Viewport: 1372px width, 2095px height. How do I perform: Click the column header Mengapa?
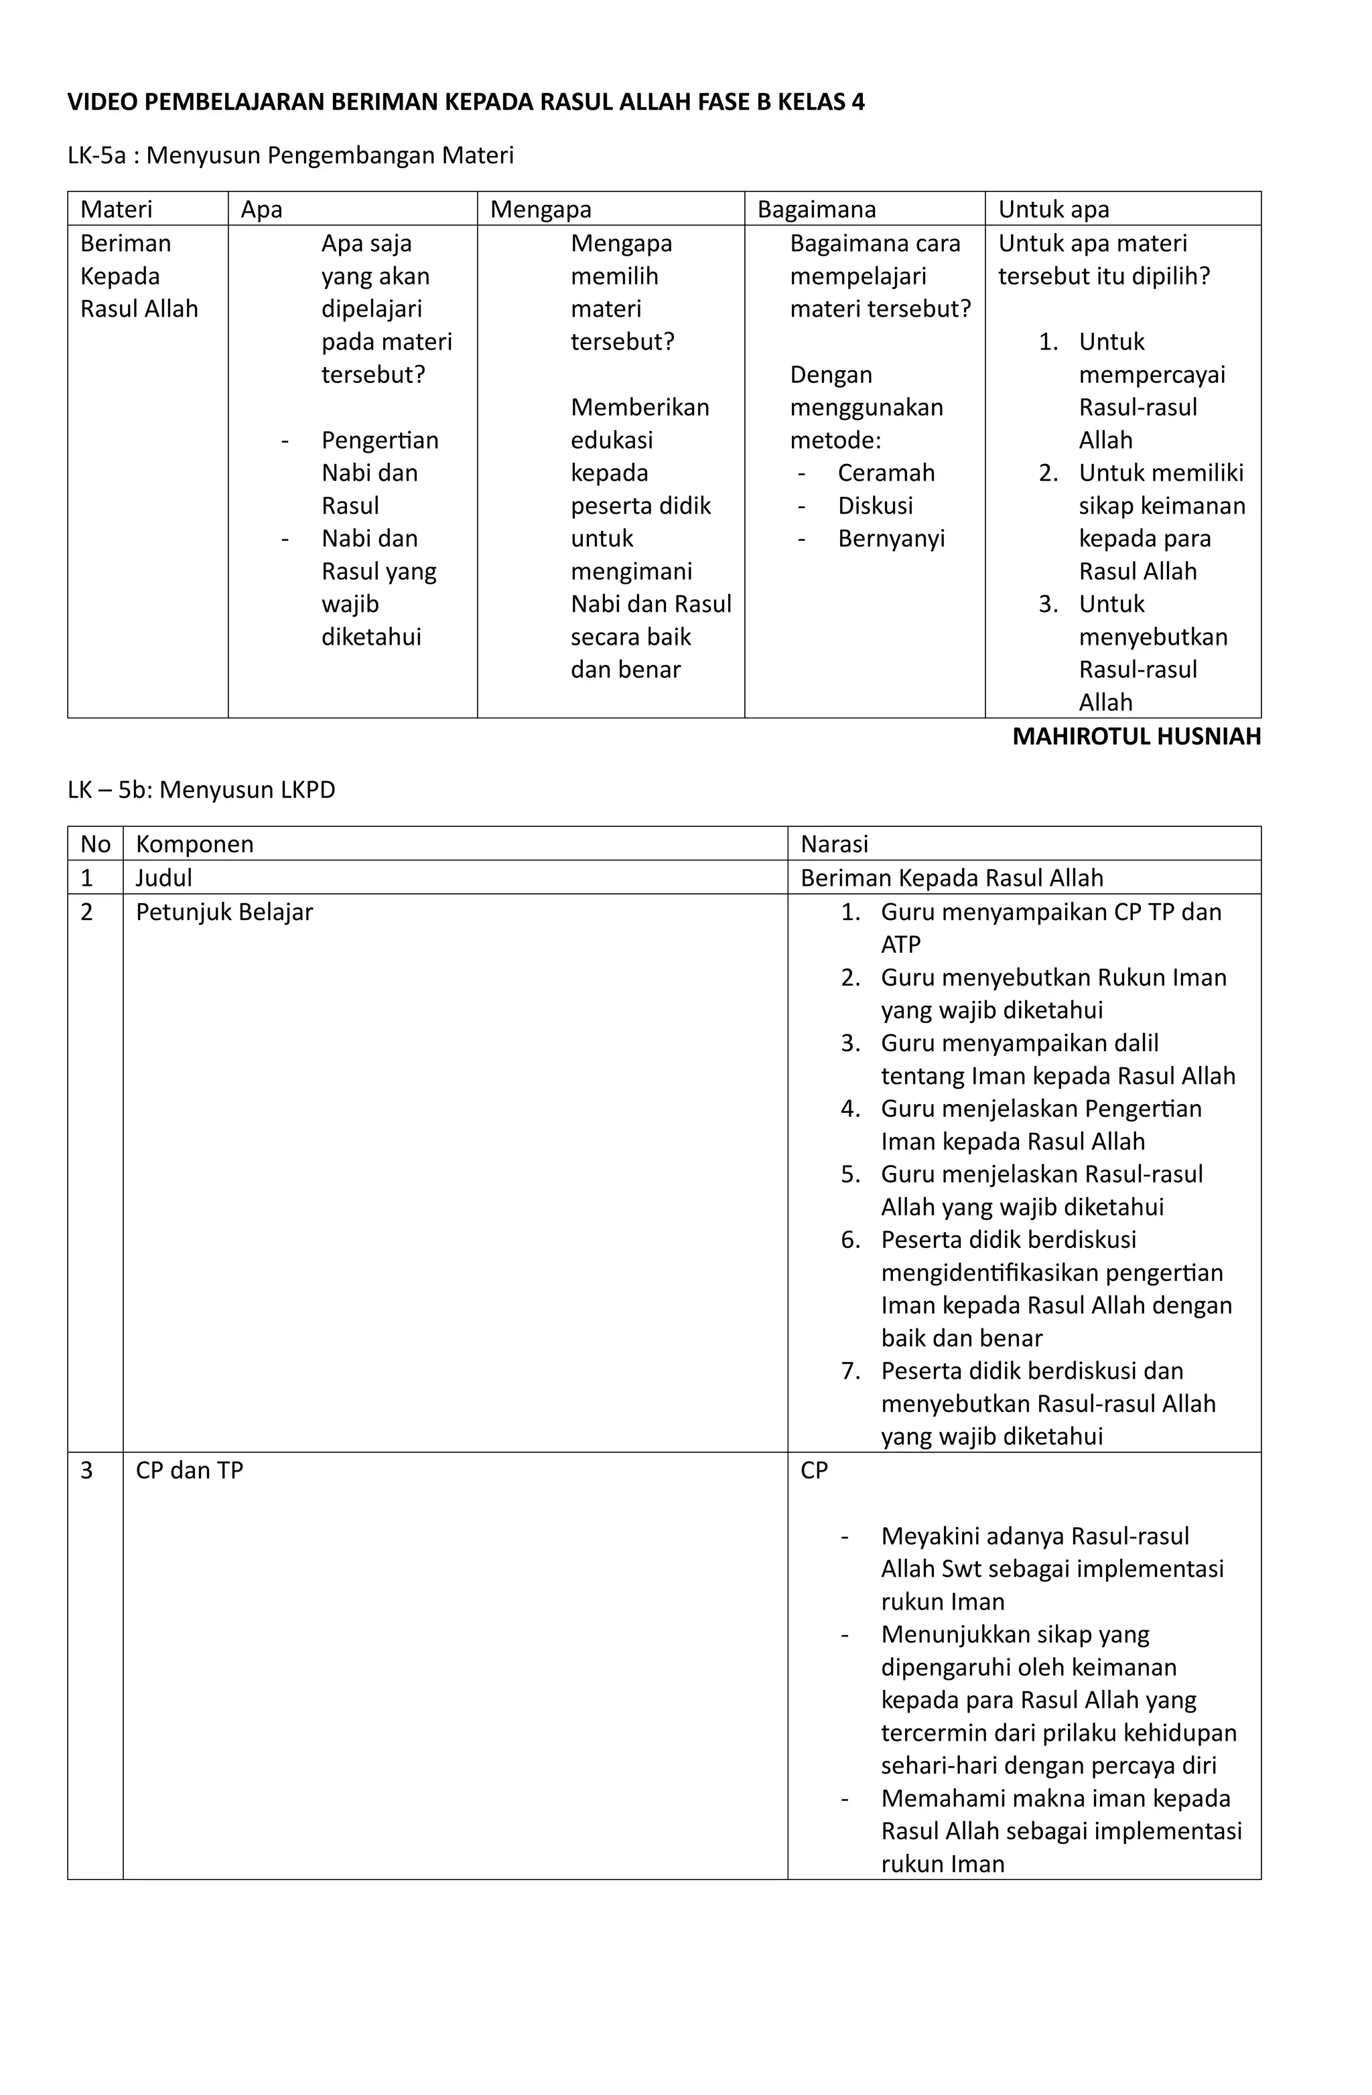click(540, 210)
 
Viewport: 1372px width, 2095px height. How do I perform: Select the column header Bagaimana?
click(817, 210)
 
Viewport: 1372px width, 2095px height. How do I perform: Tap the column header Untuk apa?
click(1053, 210)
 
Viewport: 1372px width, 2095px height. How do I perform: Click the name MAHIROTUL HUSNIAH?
click(1136, 736)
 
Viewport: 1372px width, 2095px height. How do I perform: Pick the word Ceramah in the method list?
click(886, 473)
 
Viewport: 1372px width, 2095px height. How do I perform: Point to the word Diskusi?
click(876, 506)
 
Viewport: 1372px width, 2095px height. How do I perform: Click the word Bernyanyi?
click(891, 539)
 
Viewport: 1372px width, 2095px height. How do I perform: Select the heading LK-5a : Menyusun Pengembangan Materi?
click(291, 156)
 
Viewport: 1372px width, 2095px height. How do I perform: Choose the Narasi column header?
click(834, 844)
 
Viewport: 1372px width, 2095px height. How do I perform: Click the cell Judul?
click(163, 878)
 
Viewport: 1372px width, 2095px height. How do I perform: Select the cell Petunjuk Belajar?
click(224, 912)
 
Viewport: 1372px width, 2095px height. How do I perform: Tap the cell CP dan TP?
click(190, 1470)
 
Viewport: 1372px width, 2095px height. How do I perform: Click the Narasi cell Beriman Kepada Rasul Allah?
click(951, 878)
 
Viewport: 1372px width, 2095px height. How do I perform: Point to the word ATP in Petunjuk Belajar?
click(901, 945)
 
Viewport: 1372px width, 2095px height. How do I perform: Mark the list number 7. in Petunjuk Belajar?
click(849, 1371)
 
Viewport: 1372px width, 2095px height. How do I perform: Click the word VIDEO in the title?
click(102, 102)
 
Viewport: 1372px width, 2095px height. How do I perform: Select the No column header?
click(95, 844)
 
